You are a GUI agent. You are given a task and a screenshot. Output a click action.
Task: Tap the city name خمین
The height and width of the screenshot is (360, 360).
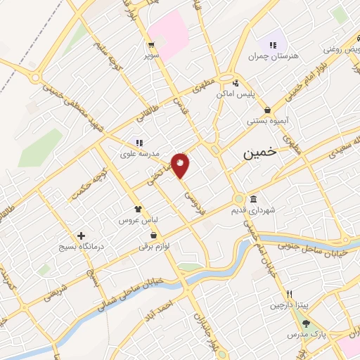(258, 155)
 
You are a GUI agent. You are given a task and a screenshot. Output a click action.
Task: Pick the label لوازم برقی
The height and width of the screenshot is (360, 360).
(153, 247)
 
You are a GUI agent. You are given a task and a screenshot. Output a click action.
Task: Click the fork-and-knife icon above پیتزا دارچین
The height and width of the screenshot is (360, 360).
(288, 293)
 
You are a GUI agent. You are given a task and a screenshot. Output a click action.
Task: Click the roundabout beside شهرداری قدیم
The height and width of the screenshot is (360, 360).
(240, 199)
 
